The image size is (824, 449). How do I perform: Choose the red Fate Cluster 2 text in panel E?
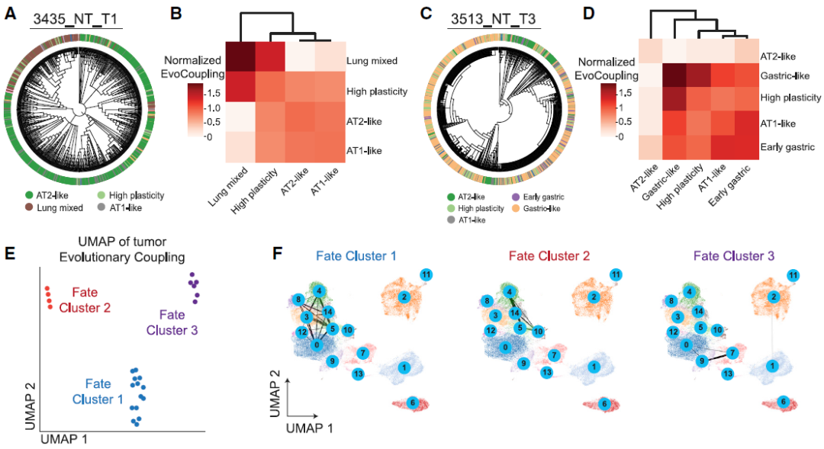90,300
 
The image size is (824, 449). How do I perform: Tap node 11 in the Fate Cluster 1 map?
426,274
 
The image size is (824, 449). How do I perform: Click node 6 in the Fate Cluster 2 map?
604,402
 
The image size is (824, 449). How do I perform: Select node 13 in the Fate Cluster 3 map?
729,374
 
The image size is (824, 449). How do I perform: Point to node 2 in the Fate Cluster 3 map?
773,297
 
